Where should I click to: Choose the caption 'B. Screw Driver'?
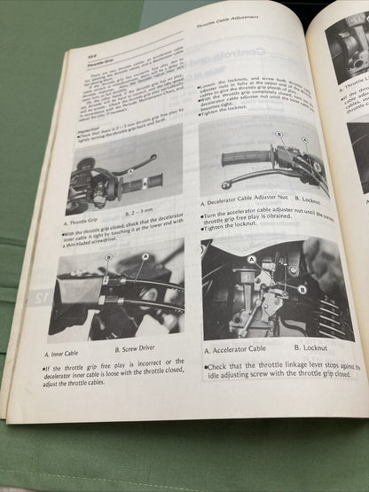coord(134,350)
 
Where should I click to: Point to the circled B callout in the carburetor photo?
coord(302,289)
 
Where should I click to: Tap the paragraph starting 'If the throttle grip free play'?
coord(114,372)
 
